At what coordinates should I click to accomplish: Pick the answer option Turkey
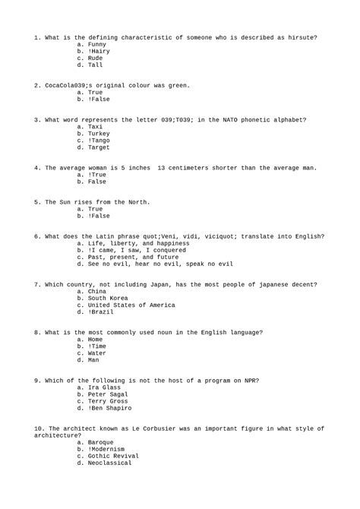tap(99, 133)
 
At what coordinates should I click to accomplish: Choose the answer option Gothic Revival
tap(115, 454)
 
